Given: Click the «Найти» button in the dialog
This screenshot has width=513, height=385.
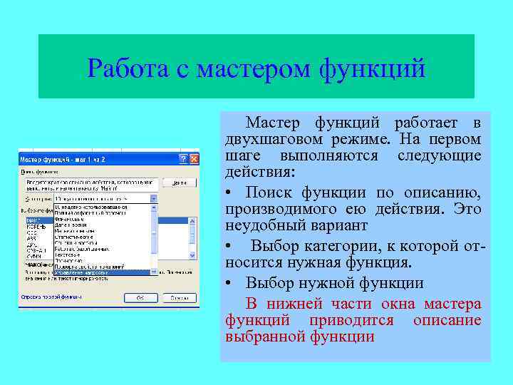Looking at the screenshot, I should click(178, 183).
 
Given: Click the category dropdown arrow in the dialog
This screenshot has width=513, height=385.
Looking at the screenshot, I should click(153, 198).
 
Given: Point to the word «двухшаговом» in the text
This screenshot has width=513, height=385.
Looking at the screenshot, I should click(270, 138).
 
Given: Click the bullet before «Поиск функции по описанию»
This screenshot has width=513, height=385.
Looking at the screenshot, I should click(229, 192).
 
